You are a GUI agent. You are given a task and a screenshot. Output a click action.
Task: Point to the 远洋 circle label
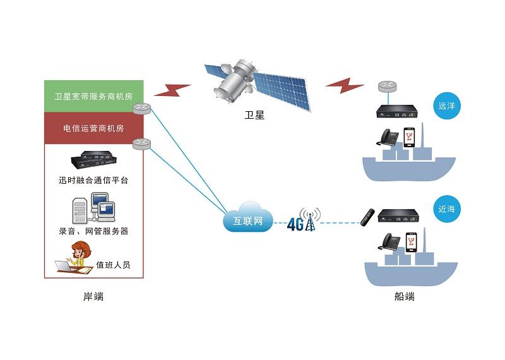tap(446, 106)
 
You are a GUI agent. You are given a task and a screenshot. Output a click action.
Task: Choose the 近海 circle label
tap(446, 208)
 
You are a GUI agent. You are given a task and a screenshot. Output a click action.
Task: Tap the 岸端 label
tap(93, 297)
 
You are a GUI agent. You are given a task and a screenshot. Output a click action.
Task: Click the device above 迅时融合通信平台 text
tap(93, 162)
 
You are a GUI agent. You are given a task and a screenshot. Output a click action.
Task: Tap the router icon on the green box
tap(140, 109)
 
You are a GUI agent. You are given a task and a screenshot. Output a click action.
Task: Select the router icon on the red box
tap(140, 145)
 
